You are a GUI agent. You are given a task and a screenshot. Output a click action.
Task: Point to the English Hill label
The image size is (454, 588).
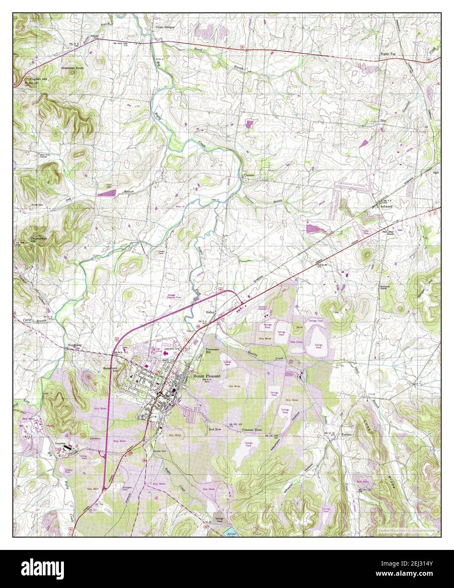[x=39, y=79]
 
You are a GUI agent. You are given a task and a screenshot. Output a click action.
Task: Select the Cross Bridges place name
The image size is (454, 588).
[x=165, y=27]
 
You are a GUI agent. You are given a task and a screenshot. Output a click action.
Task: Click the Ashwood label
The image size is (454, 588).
[x=387, y=206]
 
